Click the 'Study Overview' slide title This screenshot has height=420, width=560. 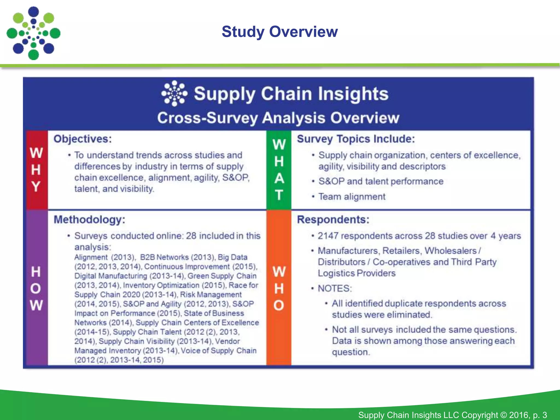coord(279,32)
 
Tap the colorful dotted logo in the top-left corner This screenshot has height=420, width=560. coord(33,33)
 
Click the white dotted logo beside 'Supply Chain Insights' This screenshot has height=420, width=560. coord(174,94)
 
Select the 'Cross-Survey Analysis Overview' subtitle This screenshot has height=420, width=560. coord(278,118)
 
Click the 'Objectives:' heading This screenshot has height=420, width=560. coord(83,139)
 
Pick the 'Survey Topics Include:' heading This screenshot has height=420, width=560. coord(356,139)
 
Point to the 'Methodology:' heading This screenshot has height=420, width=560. coord(89,220)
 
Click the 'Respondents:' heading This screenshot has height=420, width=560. coord(333,220)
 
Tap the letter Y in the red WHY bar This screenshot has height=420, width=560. coord(36,187)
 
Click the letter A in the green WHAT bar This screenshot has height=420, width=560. coord(279,179)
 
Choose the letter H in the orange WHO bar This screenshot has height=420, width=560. coord(279,288)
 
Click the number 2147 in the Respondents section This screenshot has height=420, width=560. coord(328,236)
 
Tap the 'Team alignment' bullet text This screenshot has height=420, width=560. coord(352,197)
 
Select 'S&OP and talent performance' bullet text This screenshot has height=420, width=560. coord(381,181)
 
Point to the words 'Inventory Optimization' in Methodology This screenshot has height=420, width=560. coord(161,285)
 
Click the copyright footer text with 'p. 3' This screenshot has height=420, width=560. coord(453,415)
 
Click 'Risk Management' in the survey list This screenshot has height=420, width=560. coord(211,294)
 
